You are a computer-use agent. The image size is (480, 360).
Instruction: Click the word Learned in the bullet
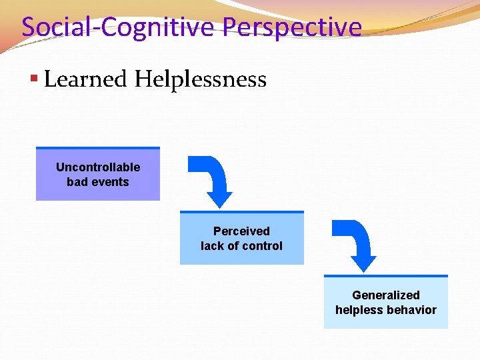[85, 79]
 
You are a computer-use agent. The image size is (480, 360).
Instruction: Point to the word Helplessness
[200, 79]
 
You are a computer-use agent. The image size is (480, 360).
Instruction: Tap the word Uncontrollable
[98, 167]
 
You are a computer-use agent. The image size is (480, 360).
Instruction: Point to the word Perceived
[241, 231]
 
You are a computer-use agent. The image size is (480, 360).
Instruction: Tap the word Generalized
[386, 295]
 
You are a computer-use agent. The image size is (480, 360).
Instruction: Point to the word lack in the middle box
[213, 246]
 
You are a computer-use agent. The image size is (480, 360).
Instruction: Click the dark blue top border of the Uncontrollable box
[98, 148]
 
